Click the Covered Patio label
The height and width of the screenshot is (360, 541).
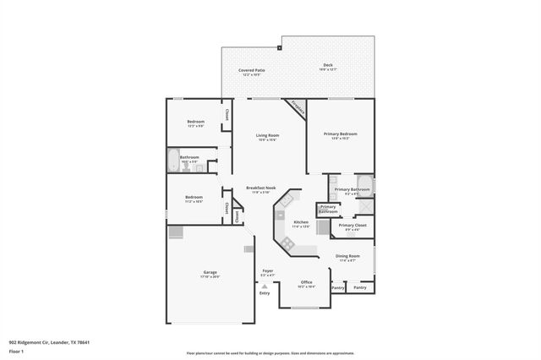pyautogui.click(x=250, y=70)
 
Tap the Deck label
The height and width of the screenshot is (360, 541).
pyautogui.click(x=328, y=65)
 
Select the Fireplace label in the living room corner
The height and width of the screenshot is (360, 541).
pyautogui.click(x=297, y=107)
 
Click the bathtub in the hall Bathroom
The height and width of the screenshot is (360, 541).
pyautogui.click(x=172, y=161)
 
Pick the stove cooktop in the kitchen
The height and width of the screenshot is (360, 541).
pyautogui.click(x=288, y=243)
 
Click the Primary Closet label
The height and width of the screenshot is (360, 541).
pyautogui.click(x=352, y=226)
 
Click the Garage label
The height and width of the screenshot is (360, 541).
pyautogui.click(x=210, y=272)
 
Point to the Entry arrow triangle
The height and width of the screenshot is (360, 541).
pyautogui.click(x=264, y=287)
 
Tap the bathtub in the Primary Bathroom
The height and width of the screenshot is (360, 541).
pyautogui.click(x=364, y=185)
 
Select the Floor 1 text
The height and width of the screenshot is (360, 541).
pyautogui.click(x=16, y=350)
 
